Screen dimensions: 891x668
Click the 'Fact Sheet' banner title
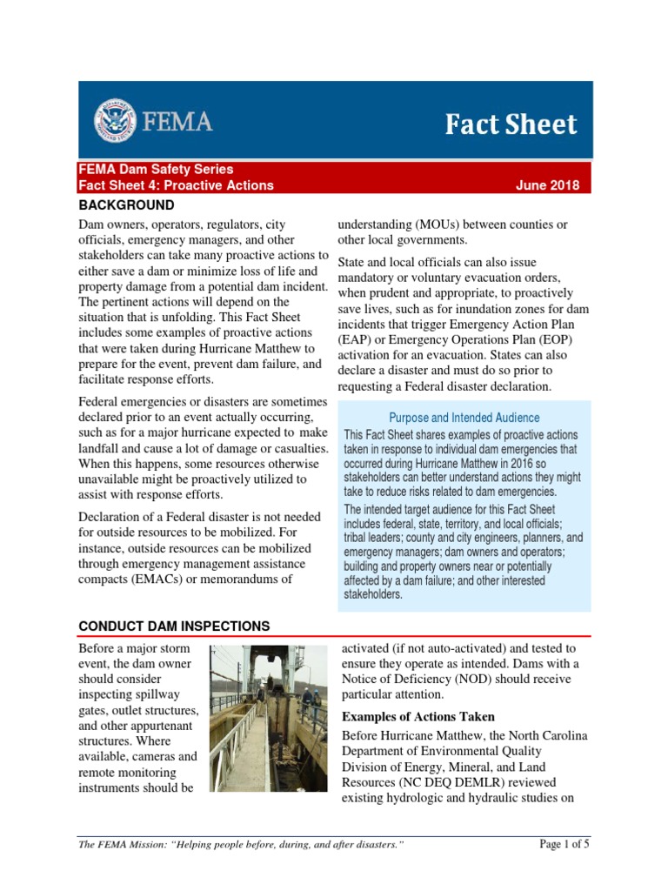click(x=511, y=124)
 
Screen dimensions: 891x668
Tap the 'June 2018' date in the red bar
click(x=547, y=185)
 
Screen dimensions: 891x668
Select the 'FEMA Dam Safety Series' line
click(x=156, y=170)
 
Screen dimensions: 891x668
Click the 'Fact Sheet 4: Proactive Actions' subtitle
click(x=176, y=185)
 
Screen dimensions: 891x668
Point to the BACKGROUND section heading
click(x=126, y=205)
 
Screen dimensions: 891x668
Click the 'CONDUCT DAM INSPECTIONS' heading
click(x=174, y=626)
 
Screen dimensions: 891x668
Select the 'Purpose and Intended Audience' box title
click(x=464, y=418)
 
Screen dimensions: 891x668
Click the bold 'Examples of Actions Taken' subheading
click(x=418, y=717)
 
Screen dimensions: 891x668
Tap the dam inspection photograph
click(x=270, y=719)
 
